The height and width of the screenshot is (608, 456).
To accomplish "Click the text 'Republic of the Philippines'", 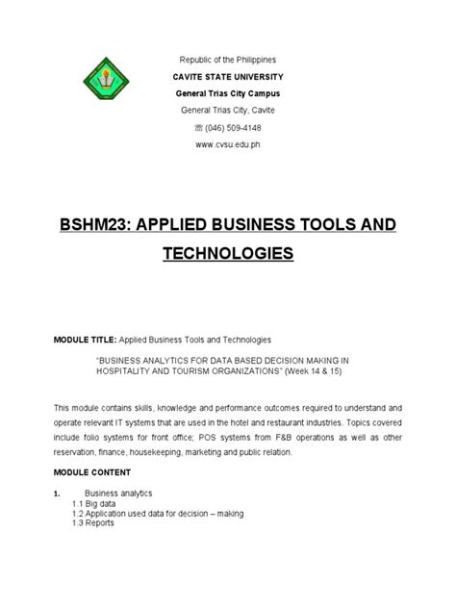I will (x=228, y=58).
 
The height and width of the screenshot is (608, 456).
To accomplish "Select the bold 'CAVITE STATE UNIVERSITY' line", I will (x=228, y=75).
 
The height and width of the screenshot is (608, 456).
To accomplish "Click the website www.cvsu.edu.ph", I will (x=228, y=144).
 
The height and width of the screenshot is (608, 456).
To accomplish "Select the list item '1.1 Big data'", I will (x=98, y=503).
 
